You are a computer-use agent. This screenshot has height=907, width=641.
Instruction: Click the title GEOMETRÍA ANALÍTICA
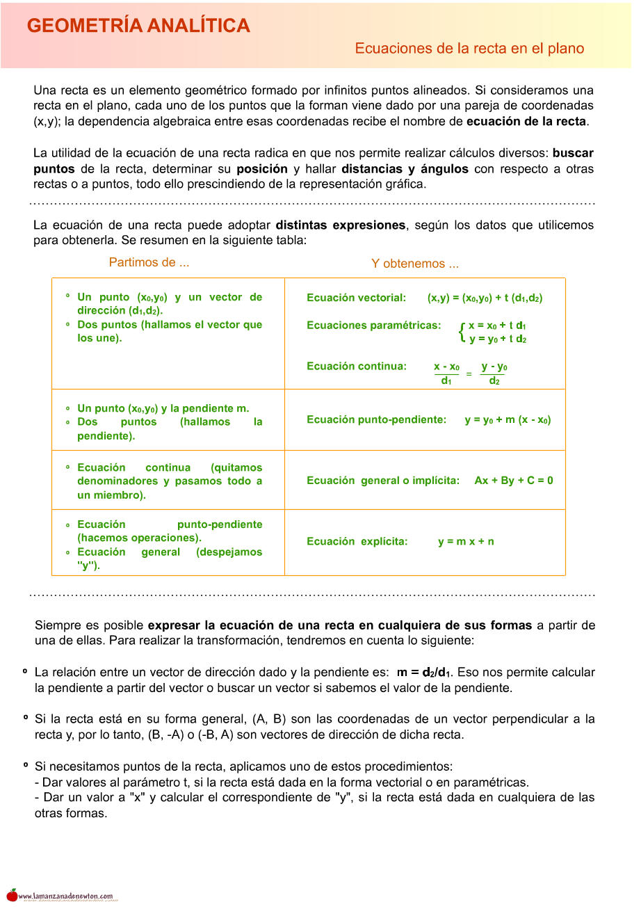click(138, 26)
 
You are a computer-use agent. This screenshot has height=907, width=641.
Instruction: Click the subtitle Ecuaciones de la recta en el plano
click(469, 49)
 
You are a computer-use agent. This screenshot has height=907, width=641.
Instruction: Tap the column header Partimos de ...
click(149, 263)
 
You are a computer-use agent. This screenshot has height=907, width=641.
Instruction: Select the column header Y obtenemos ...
click(414, 264)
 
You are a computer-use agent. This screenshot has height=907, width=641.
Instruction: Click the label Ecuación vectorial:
click(356, 298)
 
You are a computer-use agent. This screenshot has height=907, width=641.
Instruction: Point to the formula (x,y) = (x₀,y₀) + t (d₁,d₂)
click(485, 298)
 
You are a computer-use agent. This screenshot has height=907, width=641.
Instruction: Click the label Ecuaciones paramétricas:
click(373, 326)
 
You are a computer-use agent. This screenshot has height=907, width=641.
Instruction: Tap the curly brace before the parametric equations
click(462, 332)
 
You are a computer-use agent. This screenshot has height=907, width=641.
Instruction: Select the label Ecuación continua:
click(357, 367)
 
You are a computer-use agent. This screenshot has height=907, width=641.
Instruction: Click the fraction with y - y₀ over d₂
click(494, 374)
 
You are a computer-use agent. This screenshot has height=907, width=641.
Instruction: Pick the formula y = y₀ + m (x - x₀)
click(508, 420)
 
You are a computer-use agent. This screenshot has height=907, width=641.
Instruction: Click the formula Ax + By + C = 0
click(514, 481)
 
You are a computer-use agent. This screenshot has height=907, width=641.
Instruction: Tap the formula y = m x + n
click(466, 542)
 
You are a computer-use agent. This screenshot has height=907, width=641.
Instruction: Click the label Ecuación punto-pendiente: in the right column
click(376, 420)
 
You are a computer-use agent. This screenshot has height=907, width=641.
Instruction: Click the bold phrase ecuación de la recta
click(526, 122)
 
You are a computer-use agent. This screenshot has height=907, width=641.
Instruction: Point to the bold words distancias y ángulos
click(405, 169)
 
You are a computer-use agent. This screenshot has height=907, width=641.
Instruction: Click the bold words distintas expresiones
click(340, 225)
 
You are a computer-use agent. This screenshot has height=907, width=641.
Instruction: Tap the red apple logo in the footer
click(12, 895)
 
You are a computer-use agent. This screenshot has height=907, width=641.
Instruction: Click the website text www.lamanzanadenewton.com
click(65, 897)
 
